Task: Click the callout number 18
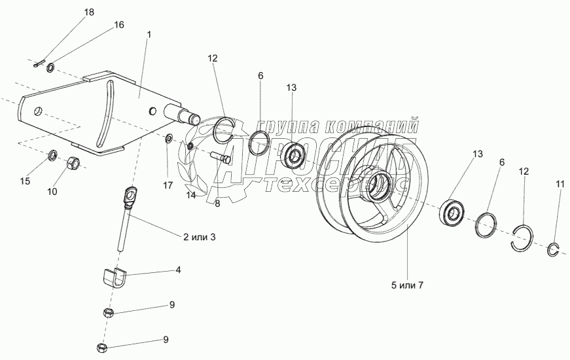(x=89, y=12)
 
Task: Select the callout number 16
(x=119, y=25)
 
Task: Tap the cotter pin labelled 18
(x=39, y=63)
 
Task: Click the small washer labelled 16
(x=51, y=67)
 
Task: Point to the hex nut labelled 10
(x=73, y=162)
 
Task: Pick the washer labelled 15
(x=53, y=155)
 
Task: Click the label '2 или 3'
(x=199, y=237)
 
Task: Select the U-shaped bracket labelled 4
(x=114, y=277)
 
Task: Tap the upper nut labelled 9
(x=108, y=312)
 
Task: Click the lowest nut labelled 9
(x=101, y=347)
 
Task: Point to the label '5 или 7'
(x=407, y=285)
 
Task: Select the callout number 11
(x=560, y=185)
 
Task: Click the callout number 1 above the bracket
(x=149, y=35)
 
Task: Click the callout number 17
(x=168, y=185)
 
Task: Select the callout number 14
(x=191, y=195)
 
